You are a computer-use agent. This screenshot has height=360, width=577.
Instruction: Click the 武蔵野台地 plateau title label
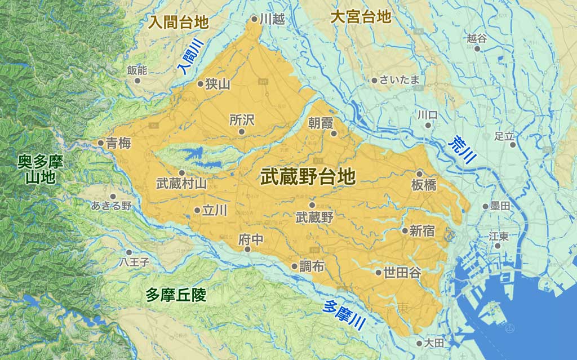coord(308,177)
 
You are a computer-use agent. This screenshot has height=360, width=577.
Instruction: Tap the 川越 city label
coord(272,19)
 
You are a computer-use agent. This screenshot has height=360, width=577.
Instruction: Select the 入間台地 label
coord(179,23)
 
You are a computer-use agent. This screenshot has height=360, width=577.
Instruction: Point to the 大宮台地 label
coord(361,17)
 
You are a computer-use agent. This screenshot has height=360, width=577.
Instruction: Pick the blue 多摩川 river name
coord(344,314)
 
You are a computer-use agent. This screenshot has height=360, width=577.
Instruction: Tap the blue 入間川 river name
coord(188,60)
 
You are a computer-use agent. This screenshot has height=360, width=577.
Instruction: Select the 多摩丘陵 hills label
coord(176,294)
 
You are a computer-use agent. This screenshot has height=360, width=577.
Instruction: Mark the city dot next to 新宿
coord(405,230)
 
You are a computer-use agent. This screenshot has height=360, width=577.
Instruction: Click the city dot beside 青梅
coord(101,143)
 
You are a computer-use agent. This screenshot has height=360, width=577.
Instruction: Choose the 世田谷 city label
coord(402,273)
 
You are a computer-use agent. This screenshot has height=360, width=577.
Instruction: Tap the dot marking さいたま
coord(374,81)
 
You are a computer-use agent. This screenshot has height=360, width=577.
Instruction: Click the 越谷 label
coord(477,38)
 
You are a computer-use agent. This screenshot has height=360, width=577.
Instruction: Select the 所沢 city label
coord(242,119)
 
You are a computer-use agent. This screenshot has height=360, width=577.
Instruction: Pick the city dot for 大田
coord(419,343)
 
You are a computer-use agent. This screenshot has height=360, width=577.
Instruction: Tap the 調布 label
coord(312,266)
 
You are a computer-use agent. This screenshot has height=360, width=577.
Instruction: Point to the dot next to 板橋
coord(420,174)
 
